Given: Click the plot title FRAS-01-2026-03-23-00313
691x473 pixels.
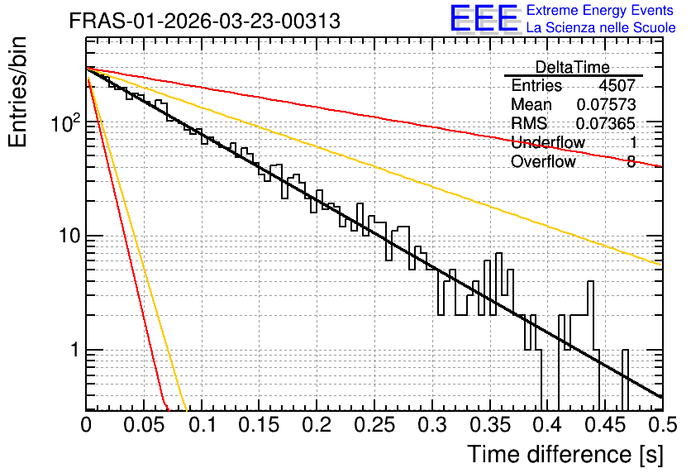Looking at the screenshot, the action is [x=204, y=21].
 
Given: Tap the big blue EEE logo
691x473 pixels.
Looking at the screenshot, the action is [x=484, y=18].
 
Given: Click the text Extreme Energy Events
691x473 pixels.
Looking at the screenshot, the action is [x=600, y=10].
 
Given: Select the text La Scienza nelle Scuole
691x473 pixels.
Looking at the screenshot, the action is [x=601, y=28].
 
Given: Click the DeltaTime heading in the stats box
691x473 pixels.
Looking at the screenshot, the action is [x=573, y=67].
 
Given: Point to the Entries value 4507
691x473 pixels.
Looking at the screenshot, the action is [x=617, y=85].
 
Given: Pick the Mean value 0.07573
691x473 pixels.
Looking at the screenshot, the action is [x=606, y=104].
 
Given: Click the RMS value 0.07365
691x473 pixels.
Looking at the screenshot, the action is [x=606, y=123].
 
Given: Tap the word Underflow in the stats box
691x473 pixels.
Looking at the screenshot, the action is [x=548, y=142].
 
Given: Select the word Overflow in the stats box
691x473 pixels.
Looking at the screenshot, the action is [x=543, y=161].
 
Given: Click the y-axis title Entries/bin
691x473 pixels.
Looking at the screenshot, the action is [x=17, y=92].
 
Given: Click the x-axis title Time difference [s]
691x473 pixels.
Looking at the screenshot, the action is [x=565, y=455].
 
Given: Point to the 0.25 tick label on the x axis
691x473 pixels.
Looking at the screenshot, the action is [x=374, y=425].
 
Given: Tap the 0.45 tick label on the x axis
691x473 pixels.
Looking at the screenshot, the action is [x=605, y=425].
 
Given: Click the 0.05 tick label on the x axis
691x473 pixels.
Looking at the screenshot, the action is [x=144, y=425].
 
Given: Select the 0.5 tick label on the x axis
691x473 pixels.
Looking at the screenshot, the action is [x=662, y=425].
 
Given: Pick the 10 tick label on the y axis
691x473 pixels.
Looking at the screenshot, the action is [x=69, y=236].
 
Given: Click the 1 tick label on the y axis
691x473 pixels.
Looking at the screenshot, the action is [x=75, y=350].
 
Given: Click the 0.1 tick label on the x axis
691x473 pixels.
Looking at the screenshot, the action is [x=202, y=425].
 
